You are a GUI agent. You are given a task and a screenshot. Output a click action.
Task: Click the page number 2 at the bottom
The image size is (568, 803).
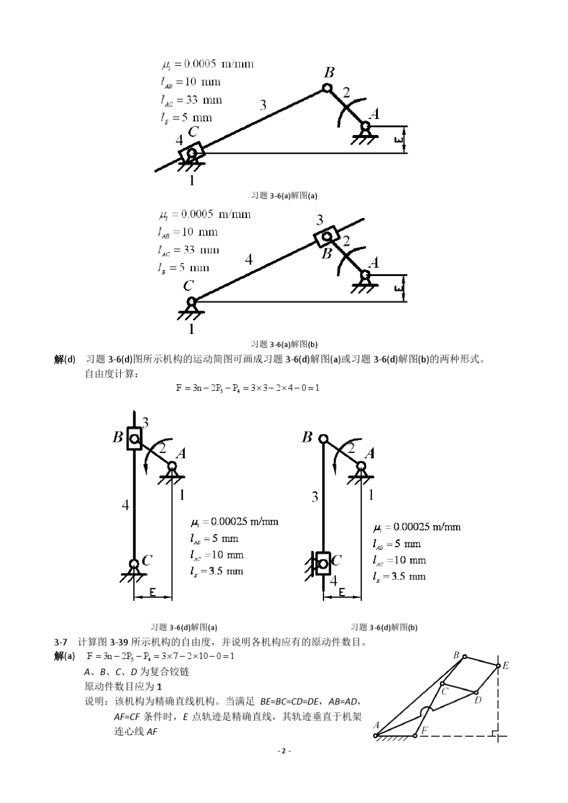pos(283,751)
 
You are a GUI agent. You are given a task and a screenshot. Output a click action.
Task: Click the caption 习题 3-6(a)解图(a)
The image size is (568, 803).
pos(284,195)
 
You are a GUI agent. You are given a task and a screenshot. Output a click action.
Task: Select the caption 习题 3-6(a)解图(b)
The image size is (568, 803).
pos(284,344)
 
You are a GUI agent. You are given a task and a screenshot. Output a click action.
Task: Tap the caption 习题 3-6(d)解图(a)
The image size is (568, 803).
pos(184,627)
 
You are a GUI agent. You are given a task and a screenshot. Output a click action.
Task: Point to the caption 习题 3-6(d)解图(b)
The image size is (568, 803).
pos(384,627)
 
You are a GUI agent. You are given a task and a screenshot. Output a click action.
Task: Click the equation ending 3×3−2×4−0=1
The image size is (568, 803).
pos(248,388)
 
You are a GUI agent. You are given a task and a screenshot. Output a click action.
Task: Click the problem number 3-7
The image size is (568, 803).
pos(60,642)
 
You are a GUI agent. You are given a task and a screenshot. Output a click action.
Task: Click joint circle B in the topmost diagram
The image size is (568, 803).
pos(327,88)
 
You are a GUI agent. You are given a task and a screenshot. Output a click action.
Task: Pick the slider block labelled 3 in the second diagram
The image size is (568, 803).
pos(326,235)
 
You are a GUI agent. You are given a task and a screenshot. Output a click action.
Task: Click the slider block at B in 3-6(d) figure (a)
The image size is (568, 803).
pos(134,439)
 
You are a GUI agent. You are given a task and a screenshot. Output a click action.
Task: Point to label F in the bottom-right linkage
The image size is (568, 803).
pos(424,730)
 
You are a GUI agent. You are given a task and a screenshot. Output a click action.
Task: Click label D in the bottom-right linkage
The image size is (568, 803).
pos(478,700)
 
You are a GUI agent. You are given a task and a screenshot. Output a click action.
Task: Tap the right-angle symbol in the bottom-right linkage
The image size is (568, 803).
pos(494,731)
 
